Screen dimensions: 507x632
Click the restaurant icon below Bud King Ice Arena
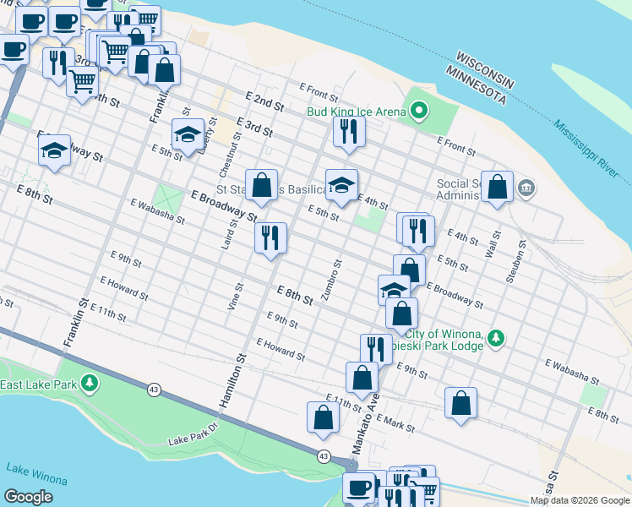(x=347, y=131)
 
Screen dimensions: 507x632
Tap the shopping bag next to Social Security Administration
(x=499, y=187)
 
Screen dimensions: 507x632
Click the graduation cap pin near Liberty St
(x=187, y=134)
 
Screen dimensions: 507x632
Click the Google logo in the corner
(x=29, y=497)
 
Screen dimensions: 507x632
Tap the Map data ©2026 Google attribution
(x=580, y=500)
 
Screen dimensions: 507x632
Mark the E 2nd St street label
(x=265, y=102)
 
